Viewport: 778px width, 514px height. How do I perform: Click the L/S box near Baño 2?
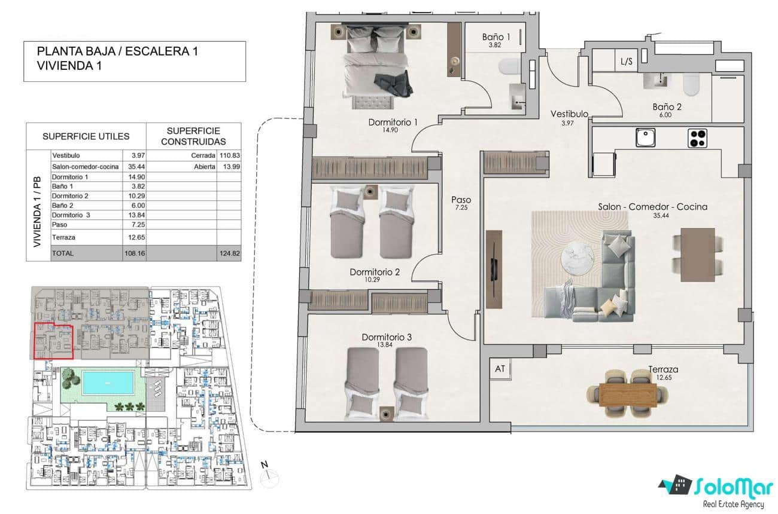coord(627,61)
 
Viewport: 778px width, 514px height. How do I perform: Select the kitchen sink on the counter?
coord(645,138)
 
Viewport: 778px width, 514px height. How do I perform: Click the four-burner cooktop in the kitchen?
coord(697,138)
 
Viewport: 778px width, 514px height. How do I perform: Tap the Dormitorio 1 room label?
coord(393,123)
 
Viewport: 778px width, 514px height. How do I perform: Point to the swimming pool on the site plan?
coord(107,382)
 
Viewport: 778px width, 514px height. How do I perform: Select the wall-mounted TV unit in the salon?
coord(494,269)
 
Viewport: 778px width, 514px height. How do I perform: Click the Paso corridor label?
coord(461,200)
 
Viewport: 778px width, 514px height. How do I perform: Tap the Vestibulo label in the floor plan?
coord(569,114)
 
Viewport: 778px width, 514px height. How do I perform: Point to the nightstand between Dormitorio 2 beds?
coord(371,191)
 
